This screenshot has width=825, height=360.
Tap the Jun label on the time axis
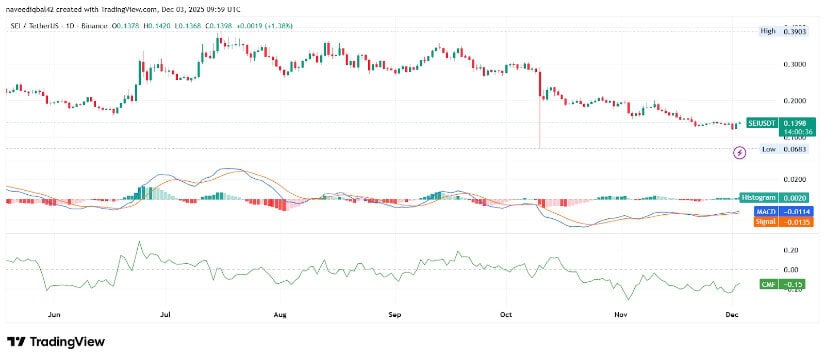point(55,313)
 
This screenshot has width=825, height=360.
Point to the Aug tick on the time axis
point(281,313)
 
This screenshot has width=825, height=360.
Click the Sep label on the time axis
point(394,313)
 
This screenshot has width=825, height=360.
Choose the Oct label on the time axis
point(506,313)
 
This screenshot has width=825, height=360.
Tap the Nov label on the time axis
point(620,313)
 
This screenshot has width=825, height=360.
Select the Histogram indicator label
point(759,198)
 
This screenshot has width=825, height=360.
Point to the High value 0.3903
point(794,31)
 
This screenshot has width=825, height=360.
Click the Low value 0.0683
point(794,149)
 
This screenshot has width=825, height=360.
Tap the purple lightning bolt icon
point(740,153)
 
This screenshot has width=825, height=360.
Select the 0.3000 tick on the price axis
point(794,64)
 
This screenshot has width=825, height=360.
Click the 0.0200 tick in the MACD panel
point(794,178)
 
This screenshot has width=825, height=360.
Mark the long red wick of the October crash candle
point(540,125)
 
